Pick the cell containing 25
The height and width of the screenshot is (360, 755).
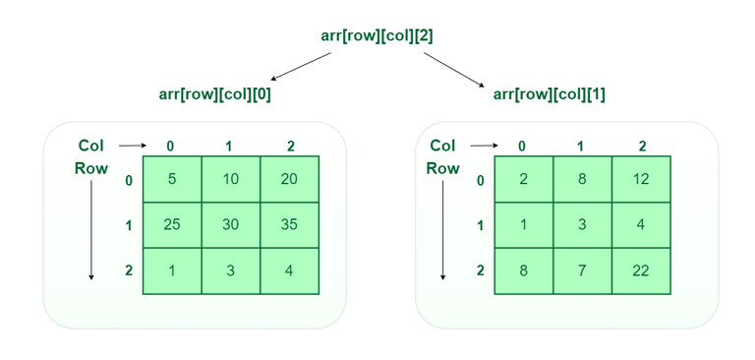(x=172, y=224)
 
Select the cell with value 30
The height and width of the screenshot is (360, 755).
(x=230, y=224)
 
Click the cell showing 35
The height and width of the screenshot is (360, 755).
(x=289, y=224)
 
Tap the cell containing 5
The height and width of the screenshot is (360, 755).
(x=172, y=179)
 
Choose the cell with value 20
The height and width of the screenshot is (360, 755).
(x=289, y=179)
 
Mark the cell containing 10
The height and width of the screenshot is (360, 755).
(x=230, y=179)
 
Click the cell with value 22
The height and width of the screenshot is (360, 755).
(x=641, y=270)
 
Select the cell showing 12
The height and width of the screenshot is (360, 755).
(x=641, y=179)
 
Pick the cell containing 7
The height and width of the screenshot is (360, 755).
(x=582, y=270)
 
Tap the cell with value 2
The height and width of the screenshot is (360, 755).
(x=523, y=179)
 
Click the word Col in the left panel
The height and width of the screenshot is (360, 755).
(x=90, y=146)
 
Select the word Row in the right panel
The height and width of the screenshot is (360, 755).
(x=442, y=168)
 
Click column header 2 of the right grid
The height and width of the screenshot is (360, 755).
(x=642, y=147)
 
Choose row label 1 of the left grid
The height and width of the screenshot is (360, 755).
(x=129, y=225)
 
